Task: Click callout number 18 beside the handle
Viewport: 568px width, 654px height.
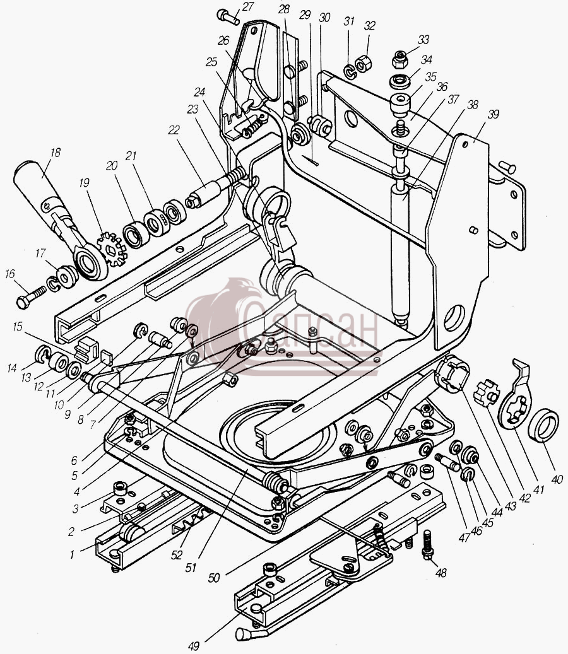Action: (x=55, y=153)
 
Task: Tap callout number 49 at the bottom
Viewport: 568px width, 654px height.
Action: (x=193, y=646)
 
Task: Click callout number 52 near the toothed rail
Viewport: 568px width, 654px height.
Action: (x=177, y=555)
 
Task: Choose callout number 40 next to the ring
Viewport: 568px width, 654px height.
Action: (x=556, y=479)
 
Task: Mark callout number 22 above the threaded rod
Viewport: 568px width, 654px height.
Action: (x=173, y=130)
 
